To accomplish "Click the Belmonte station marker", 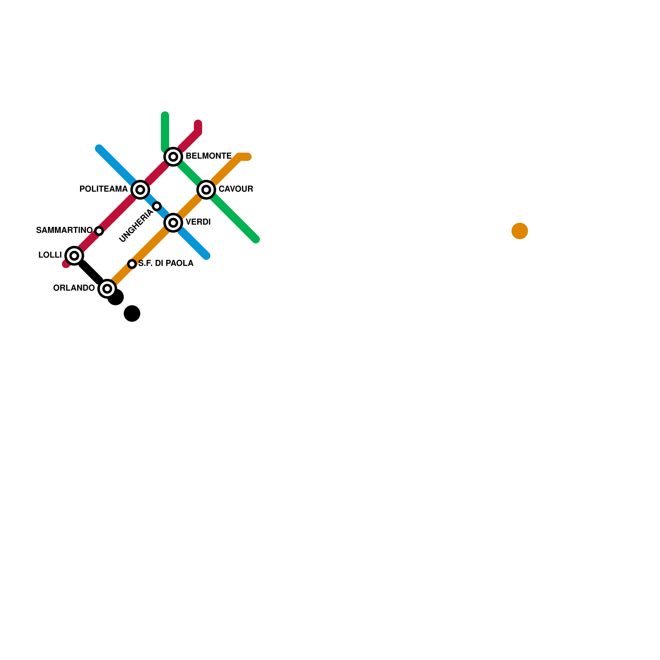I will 173,157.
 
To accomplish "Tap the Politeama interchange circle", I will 140,190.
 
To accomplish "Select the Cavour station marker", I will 206,190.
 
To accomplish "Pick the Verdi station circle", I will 173,223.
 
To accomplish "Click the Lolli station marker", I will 74,256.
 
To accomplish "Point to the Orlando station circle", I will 107,289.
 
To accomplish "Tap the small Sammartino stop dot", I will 99,231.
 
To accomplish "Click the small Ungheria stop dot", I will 157,206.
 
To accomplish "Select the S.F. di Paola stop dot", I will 132,264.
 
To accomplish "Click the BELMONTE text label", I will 208,156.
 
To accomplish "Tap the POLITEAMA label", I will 104,189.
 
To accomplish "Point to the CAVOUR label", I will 236,189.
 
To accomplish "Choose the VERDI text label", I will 198,222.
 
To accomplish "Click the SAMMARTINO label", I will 64,230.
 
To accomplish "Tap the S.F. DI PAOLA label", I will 165,263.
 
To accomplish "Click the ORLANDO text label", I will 74,288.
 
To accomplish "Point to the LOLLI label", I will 50,255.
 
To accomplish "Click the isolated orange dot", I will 520,231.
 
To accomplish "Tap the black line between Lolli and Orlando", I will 91,272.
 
